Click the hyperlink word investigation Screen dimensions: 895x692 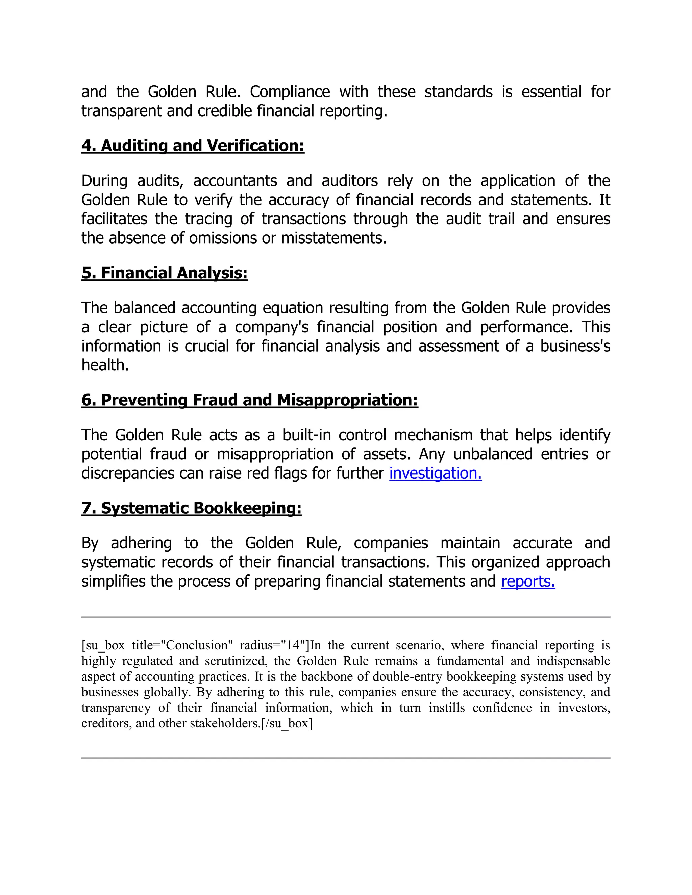pyautogui.click(x=435, y=473)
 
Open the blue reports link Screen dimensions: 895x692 pyautogui.click(x=528, y=582)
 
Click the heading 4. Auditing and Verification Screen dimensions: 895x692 pyautogui.click(x=193, y=146)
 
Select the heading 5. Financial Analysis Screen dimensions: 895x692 pyautogui.click(x=165, y=273)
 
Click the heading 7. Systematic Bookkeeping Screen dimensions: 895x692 pyautogui.click(x=192, y=508)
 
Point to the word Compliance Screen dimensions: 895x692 pyautogui.click(x=290, y=92)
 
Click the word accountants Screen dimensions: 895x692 pyautogui.click(x=235, y=181)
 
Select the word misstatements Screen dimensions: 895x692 pyautogui.click(x=334, y=238)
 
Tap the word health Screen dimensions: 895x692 pyautogui.click(x=105, y=365)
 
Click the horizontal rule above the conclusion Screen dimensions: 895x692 pyautogui.click(x=346, y=617)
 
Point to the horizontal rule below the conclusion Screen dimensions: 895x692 pyautogui.click(x=346, y=758)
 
